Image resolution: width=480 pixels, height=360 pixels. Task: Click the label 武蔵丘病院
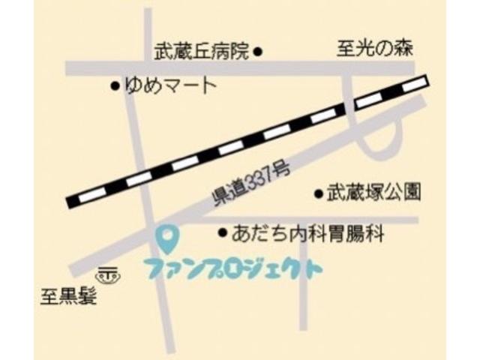click(202, 52)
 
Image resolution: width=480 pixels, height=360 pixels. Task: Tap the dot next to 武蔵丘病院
click(257, 52)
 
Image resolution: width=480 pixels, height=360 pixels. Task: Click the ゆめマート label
click(170, 86)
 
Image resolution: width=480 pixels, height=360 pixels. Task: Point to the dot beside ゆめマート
click(115, 86)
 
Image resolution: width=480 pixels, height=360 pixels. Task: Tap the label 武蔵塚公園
click(373, 193)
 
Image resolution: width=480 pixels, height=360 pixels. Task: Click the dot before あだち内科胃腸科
click(222, 233)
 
